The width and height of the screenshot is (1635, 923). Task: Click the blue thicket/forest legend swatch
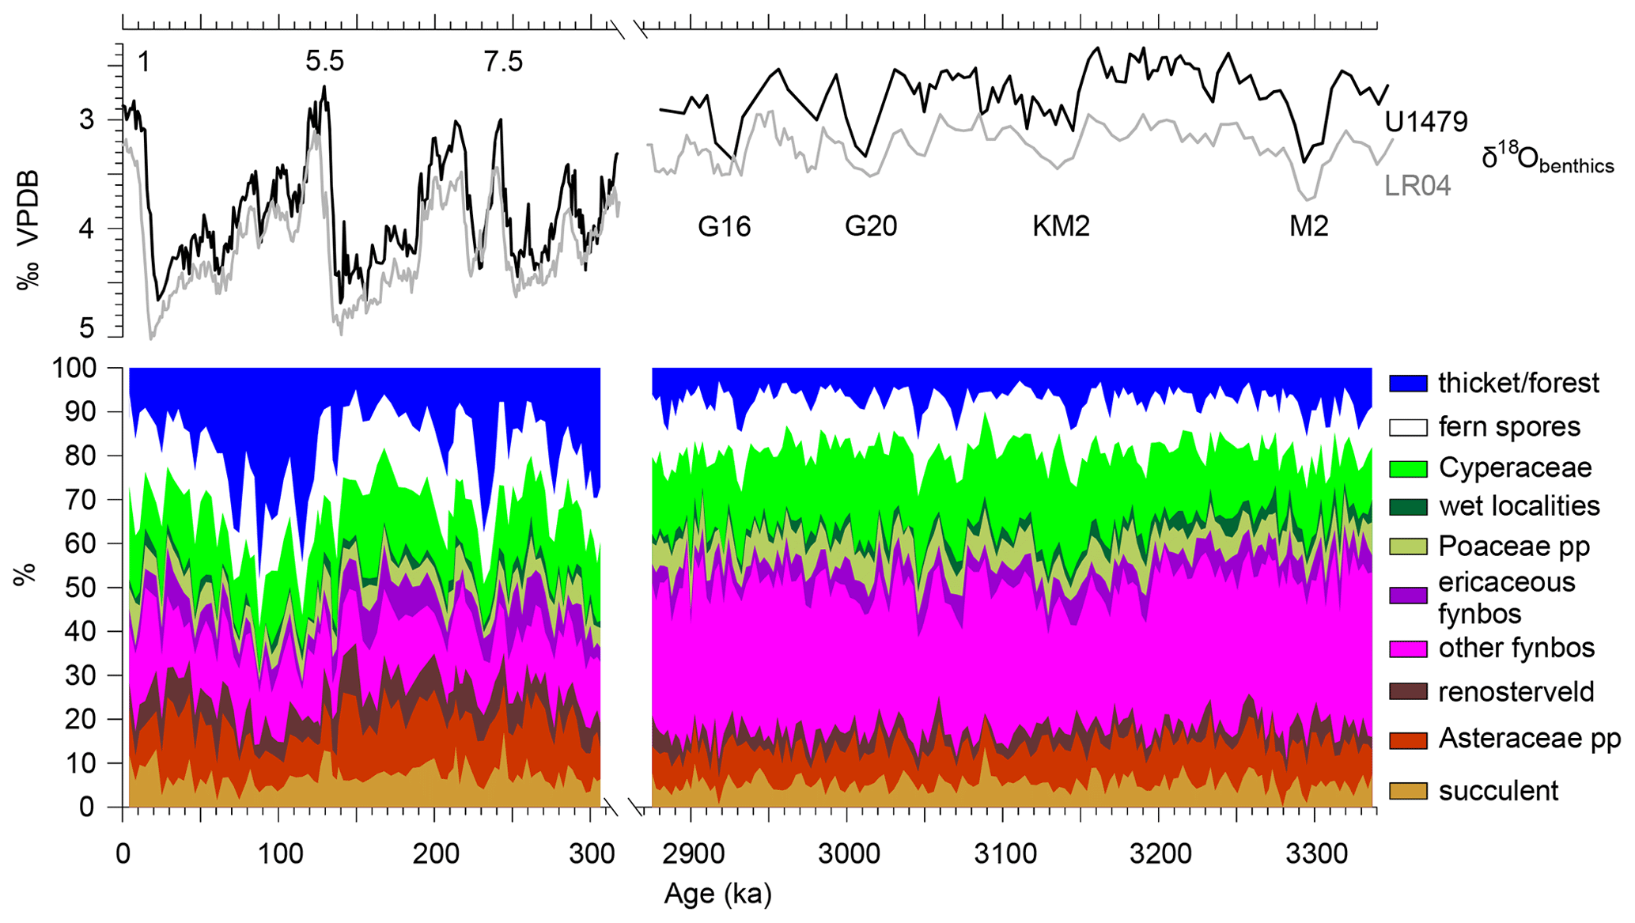coord(1408,384)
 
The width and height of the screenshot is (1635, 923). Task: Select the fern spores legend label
coord(1508,427)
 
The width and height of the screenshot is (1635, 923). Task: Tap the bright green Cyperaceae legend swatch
coord(1408,468)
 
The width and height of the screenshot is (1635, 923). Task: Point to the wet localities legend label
coord(1519,506)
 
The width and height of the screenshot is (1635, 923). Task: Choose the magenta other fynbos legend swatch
coord(1408,649)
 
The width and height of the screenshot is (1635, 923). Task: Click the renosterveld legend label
coord(1516,692)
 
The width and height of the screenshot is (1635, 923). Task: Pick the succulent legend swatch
coord(1408,791)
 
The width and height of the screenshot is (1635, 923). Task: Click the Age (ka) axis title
coord(717,895)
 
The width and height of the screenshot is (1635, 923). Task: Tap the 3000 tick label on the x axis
coord(846,854)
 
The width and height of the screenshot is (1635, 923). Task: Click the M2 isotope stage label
coord(1308,227)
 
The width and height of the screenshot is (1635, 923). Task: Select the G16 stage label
coord(724,227)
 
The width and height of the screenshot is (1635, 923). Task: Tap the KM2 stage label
coord(1061,227)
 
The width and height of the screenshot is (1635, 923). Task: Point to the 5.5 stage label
coord(324,62)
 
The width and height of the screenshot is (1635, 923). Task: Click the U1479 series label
coord(1426,122)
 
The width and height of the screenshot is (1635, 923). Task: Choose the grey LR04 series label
coord(1417,186)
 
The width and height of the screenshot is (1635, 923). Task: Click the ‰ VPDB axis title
coord(28,229)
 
